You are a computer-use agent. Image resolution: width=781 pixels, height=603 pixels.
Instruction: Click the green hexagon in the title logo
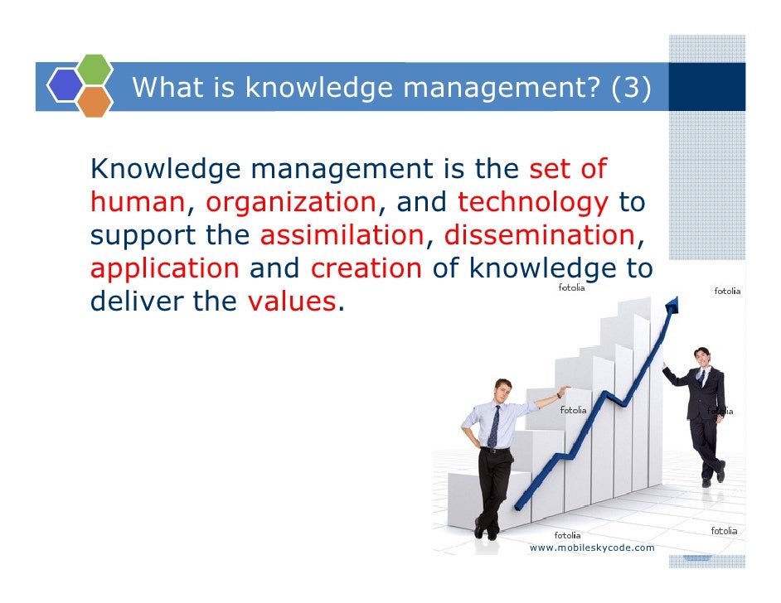[95, 70]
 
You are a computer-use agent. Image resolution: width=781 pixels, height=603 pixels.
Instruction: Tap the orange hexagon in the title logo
[95, 101]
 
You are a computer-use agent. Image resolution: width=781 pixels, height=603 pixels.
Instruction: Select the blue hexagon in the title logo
[64, 85]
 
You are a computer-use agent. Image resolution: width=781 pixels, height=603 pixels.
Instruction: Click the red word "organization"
[291, 202]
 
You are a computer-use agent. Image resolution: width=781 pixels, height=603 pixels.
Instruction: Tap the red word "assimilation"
[342, 236]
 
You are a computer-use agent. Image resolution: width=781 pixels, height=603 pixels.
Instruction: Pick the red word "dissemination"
[539, 236]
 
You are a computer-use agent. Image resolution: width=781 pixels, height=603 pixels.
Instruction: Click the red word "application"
[164, 269]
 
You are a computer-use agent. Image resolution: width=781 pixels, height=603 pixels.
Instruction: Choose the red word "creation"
[366, 269]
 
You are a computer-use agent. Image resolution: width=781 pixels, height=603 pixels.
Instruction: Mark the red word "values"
[291, 302]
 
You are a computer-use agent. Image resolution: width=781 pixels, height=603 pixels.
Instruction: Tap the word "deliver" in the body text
[137, 302]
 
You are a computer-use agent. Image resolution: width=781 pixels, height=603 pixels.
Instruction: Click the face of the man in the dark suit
[702, 359]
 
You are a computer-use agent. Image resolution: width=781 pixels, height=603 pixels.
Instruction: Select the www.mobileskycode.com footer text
[592, 548]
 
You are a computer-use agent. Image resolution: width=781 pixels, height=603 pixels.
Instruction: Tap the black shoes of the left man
[487, 529]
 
